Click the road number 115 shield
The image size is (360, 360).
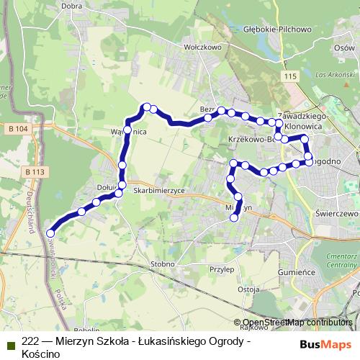tap(290, 76)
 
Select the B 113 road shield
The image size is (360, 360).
tap(34, 172)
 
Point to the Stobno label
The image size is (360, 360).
tap(163, 264)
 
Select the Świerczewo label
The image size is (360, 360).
tap(336, 215)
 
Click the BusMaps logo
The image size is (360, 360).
tap(320, 343)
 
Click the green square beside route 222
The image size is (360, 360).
tap(10, 345)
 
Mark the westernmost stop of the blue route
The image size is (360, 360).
tap(50, 233)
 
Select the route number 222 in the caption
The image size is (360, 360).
tap(30, 341)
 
